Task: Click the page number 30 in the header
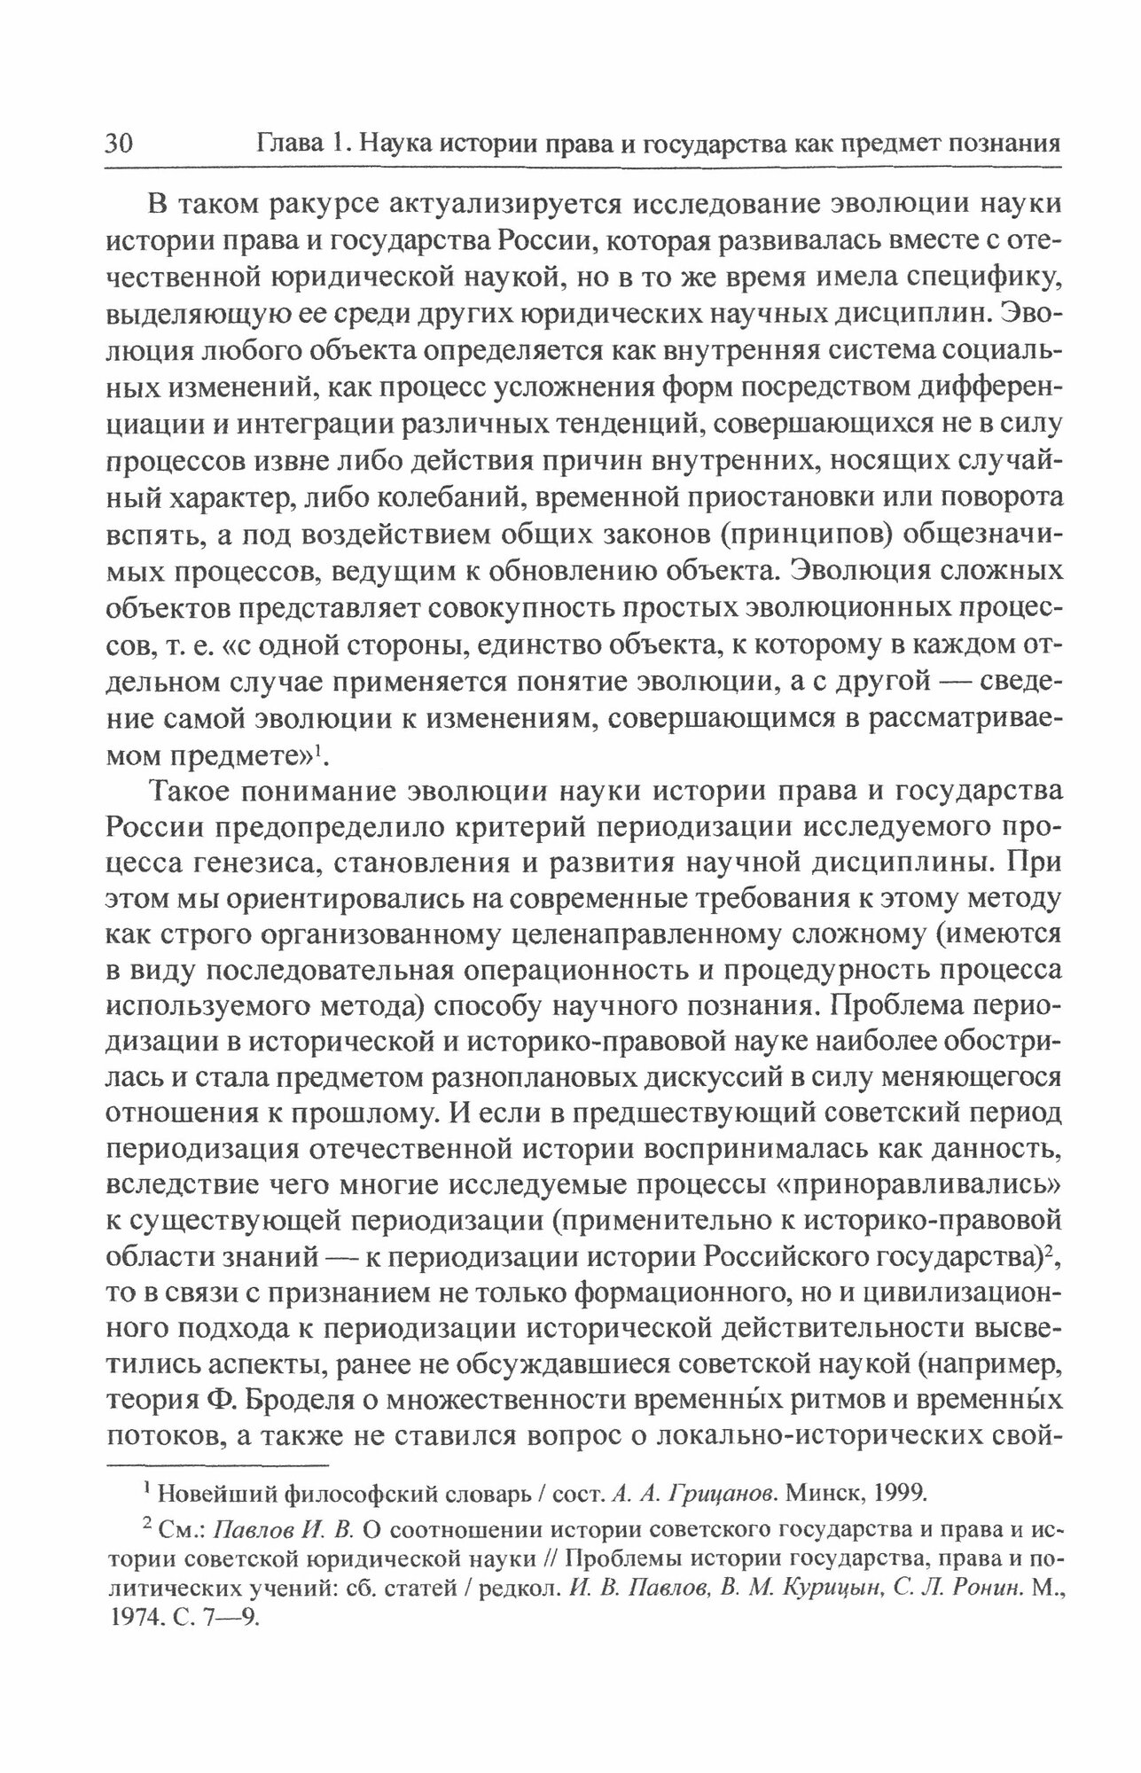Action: coord(119,143)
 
